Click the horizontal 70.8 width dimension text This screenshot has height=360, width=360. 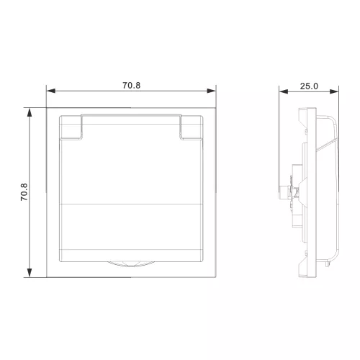coord(131,86)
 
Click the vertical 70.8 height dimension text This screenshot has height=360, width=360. coord(24,192)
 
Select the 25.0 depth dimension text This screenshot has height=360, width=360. coord(309,86)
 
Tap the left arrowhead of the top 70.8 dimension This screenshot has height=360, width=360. coord(51,91)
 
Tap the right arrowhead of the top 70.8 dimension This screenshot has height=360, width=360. coord(212,91)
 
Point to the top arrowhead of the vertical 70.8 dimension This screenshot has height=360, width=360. coord(30,112)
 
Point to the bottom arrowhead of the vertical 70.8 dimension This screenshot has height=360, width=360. coord(30,273)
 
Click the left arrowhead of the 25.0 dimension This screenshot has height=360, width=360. coord(284,91)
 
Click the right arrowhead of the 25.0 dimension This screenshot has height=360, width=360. coord(334,91)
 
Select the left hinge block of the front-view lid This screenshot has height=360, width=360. coord(71,127)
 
